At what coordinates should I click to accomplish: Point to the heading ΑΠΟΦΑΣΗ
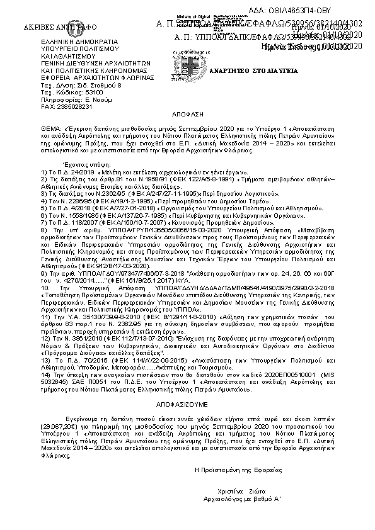point(187,117)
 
